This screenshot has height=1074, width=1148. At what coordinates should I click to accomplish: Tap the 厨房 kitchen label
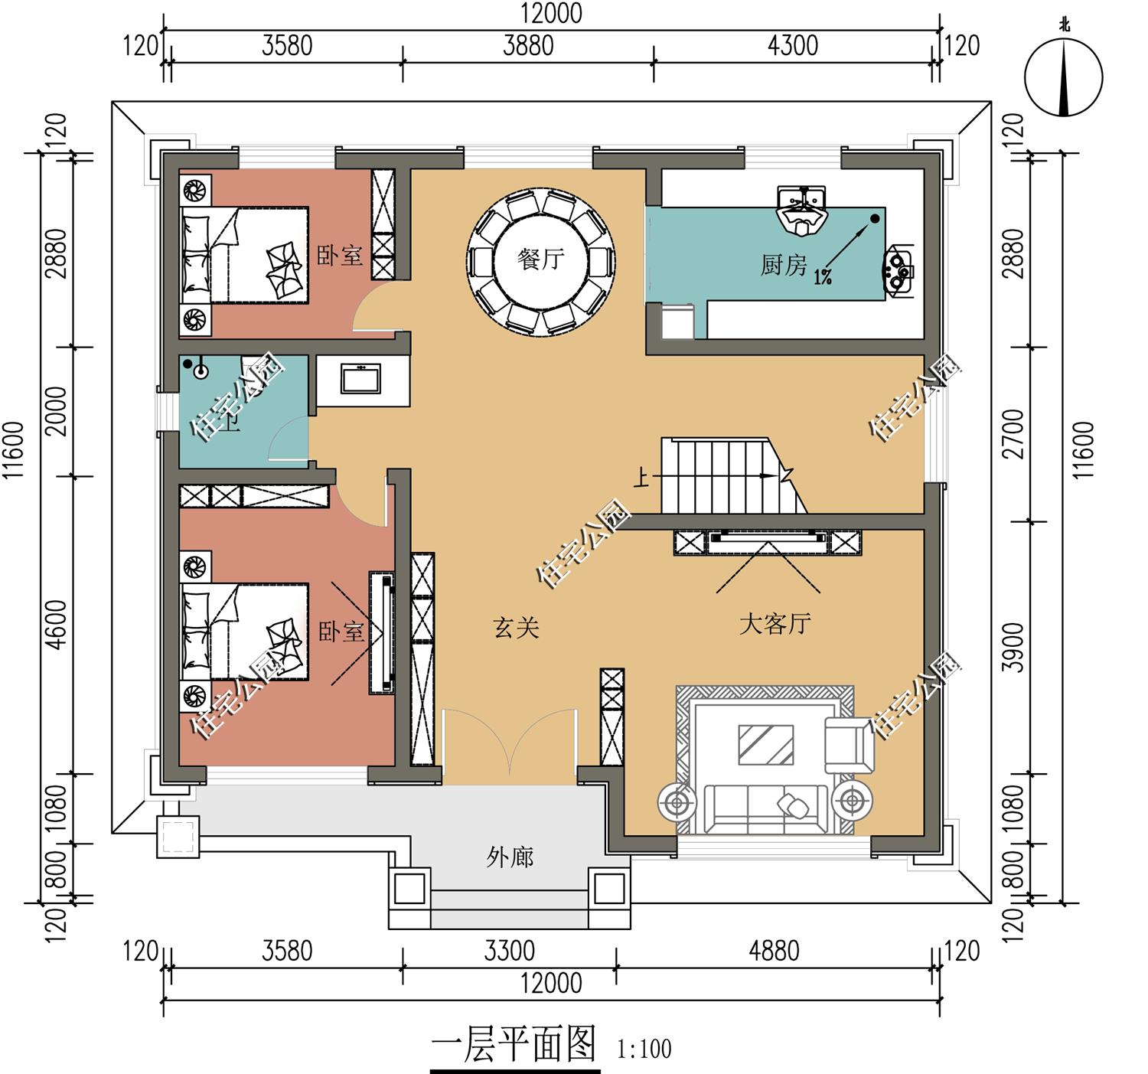783,266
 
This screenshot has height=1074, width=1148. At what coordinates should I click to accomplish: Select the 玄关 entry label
517,628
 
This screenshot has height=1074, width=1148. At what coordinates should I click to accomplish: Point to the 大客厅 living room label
775,624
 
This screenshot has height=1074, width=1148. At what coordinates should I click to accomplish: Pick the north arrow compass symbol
1064,77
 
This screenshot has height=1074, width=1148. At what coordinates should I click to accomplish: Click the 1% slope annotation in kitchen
823,277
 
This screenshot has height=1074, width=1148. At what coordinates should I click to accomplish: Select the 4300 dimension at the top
793,46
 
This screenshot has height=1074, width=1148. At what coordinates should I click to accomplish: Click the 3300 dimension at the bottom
510,952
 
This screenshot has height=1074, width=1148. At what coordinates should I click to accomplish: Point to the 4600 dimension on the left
57,624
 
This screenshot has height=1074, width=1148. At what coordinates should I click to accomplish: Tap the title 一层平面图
514,1045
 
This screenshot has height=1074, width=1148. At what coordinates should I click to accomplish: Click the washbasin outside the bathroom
360,379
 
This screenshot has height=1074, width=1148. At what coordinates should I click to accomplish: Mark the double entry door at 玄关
509,746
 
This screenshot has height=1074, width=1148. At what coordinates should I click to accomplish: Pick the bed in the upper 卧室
245,255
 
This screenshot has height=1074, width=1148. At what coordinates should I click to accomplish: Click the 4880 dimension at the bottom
774,952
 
